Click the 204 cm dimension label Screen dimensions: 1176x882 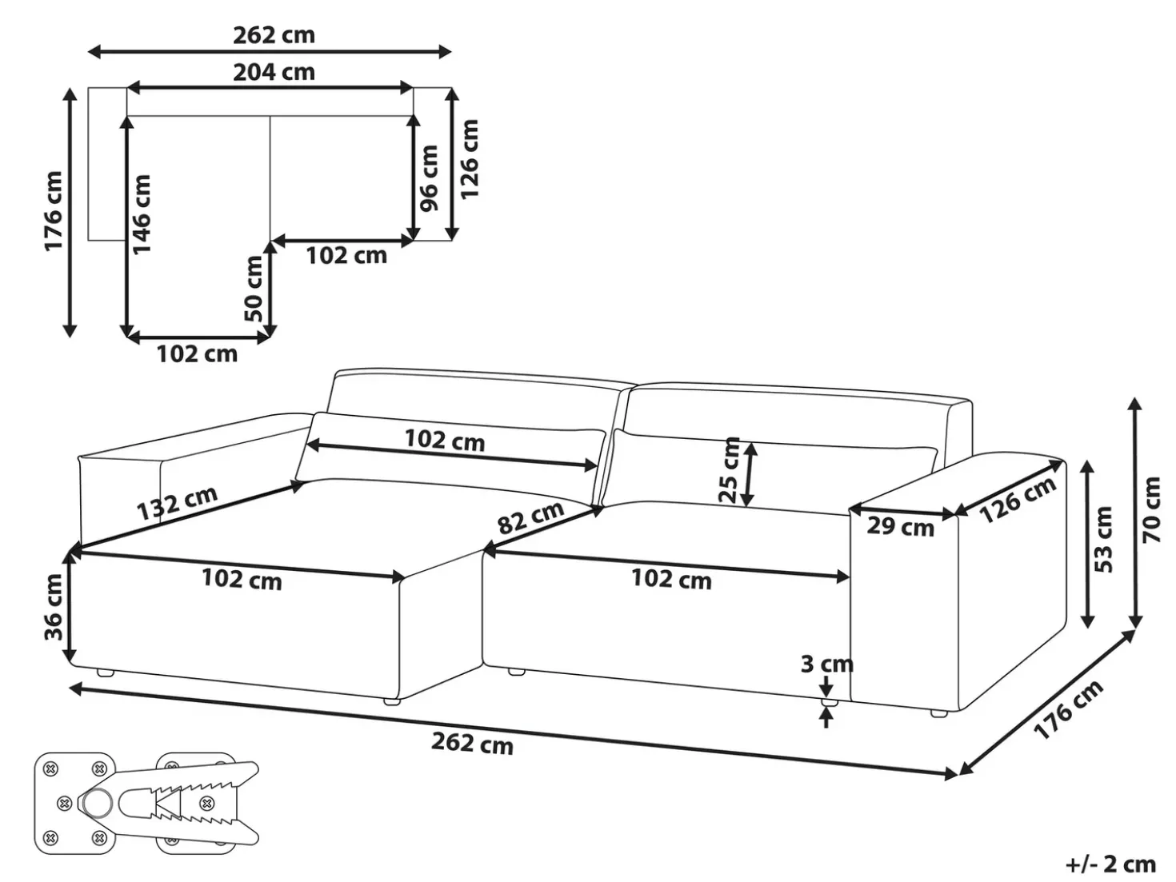coord(274,72)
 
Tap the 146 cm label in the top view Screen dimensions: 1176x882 coord(142,214)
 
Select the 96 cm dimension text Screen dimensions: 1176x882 coord(429,178)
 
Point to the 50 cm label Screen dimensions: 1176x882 coord(254,289)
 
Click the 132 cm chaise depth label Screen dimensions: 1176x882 coord(178,503)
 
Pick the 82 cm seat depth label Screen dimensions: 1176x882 coord(531,517)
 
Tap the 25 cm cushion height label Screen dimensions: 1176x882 coord(729,470)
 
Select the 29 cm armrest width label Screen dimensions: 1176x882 coord(900,527)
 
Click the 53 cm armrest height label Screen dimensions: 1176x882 coord(1103,539)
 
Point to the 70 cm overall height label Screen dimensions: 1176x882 coord(1151,509)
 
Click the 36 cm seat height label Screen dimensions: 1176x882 coord(54,607)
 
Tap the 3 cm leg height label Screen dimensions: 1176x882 coord(826,664)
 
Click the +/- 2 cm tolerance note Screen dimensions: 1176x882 coord(1110,864)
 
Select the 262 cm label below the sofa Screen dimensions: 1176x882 coord(472,744)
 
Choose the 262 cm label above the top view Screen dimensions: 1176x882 coord(274,35)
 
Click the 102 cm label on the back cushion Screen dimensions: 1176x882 coord(445,440)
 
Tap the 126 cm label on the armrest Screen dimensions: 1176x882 coord(1018,501)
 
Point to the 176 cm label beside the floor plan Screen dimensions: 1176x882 coord(54,211)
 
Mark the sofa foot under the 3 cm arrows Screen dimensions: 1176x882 coord(830,702)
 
